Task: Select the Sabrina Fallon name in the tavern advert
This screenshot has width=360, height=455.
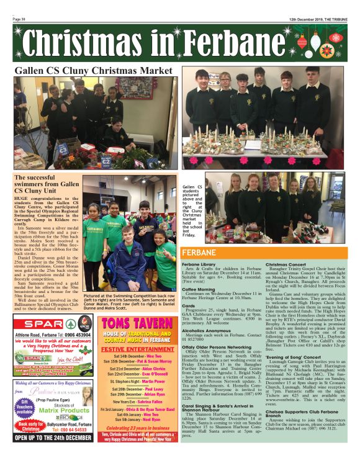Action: click(x=143, y=402)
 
